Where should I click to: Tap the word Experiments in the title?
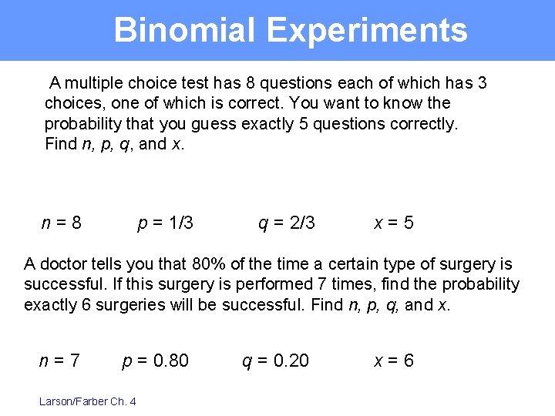coord(366,31)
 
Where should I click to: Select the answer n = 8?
coord(62,223)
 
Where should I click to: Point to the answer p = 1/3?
coord(165,223)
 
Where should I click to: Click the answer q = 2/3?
coord(286,223)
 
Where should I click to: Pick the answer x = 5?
coord(394,223)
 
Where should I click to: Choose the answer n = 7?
coord(59,361)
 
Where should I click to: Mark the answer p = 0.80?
coord(156,361)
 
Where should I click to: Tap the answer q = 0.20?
coord(275,361)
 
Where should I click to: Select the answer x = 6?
coord(394,361)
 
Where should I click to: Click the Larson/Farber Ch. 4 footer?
coord(87,401)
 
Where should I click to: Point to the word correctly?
coord(421,123)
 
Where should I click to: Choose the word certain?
coord(348,265)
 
